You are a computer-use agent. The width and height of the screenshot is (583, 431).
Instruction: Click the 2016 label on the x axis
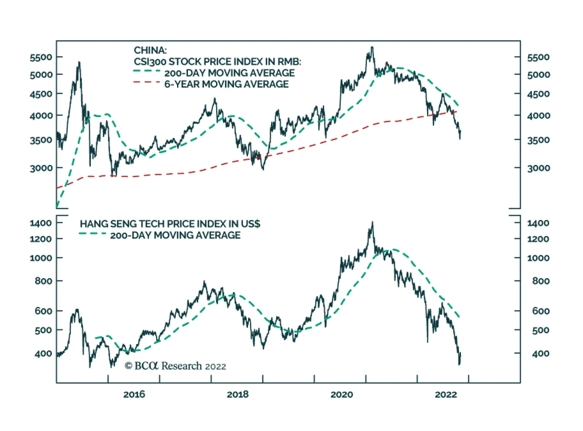click(x=134, y=395)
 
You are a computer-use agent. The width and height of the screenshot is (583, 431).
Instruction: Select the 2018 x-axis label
click(x=238, y=395)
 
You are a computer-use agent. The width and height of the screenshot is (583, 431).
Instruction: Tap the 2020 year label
click(x=342, y=395)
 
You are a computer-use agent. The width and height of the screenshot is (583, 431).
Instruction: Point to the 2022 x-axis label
click(x=446, y=395)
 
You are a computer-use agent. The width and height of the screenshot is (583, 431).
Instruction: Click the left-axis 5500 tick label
click(x=41, y=57)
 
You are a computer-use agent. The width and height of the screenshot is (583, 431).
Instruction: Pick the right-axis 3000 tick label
click(x=538, y=168)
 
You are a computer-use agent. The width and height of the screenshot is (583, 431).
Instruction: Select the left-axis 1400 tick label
click(x=41, y=223)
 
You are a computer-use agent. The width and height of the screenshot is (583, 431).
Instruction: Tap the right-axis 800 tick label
click(x=541, y=281)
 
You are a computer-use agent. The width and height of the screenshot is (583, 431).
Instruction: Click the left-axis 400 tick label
click(x=43, y=353)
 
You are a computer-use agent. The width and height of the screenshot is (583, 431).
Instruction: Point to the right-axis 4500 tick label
click(x=538, y=94)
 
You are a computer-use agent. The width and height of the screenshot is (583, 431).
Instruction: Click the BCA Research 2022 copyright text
click(x=175, y=366)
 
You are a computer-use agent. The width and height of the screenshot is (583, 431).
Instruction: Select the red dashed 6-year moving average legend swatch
click(x=146, y=82)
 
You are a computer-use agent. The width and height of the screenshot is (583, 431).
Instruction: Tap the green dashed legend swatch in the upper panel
click(x=146, y=71)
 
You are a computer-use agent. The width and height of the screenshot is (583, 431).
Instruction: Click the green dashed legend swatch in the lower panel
click(x=93, y=233)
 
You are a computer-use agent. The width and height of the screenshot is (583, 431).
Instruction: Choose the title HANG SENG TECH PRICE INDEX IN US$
click(x=170, y=224)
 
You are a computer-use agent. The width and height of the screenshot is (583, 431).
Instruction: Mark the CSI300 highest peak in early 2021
click(x=372, y=47)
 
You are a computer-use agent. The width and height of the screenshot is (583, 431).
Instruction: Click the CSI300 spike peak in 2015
click(x=79, y=62)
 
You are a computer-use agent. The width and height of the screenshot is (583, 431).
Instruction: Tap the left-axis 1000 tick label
click(x=41, y=258)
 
